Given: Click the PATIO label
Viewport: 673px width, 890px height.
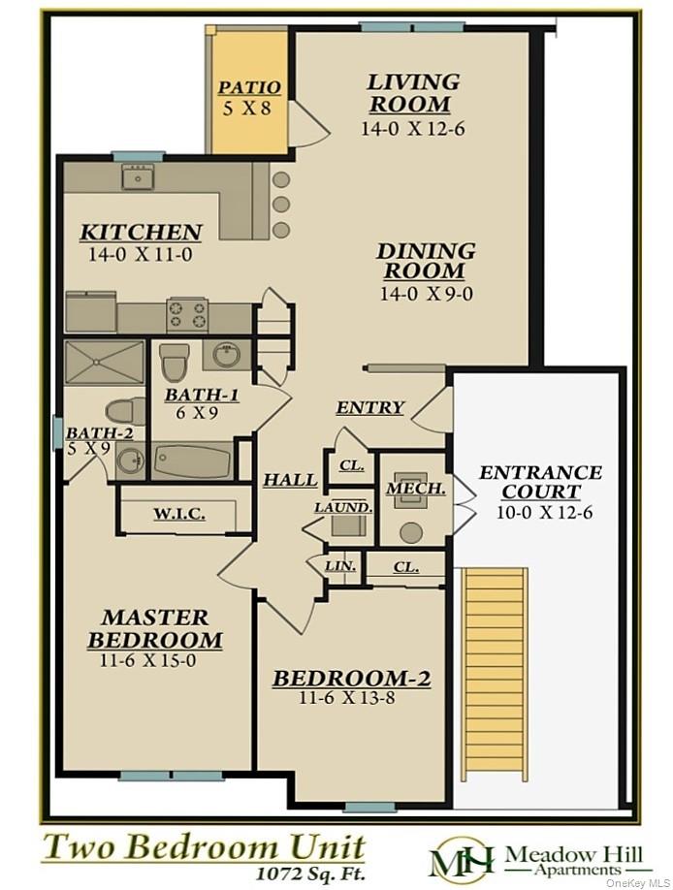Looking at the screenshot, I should [x=249, y=88].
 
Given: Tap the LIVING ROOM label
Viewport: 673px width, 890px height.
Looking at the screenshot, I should [x=408, y=93].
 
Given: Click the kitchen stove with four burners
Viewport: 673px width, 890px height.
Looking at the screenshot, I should [x=188, y=313].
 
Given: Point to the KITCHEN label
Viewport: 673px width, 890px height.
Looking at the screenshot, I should [x=141, y=233].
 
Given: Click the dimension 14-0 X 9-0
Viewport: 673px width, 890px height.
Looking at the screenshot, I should [x=426, y=293].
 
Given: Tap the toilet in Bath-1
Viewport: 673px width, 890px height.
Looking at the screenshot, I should [x=175, y=362].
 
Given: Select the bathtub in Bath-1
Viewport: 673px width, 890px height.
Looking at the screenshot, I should [x=193, y=460].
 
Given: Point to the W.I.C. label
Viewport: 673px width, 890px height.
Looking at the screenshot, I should [x=178, y=515].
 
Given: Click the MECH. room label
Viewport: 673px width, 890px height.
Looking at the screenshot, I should [x=415, y=489].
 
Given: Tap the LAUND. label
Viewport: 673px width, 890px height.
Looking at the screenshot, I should [x=342, y=507].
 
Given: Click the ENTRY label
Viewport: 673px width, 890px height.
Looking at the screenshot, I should [x=369, y=408].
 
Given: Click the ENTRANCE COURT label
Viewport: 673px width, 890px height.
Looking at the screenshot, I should [x=540, y=482].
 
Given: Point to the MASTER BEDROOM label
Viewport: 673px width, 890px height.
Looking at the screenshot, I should [x=155, y=628].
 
